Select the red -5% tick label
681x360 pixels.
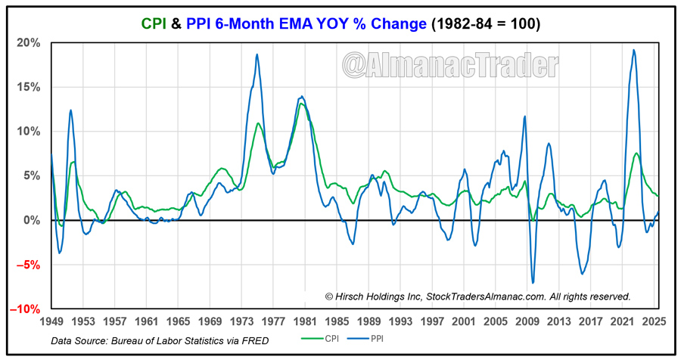pyautogui.click(x=30, y=265)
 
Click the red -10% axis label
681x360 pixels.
pyautogui.click(x=27, y=309)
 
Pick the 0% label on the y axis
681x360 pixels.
pyautogui.click(x=33, y=220)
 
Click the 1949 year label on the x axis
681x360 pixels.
pyautogui.click(x=51, y=321)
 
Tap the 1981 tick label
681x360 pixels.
pyautogui.click(x=305, y=321)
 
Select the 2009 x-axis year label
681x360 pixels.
pyautogui.click(x=526, y=321)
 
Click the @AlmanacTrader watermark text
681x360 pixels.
pyautogui.click(x=450, y=65)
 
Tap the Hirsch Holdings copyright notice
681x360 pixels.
pyautogui.click(x=477, y=297)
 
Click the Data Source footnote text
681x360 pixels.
pyautogui.click(x=160, y=341)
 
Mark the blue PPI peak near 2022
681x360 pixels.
pyautogui.click(x=633, y=51)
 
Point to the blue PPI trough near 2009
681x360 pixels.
pyautogui.click(x=533, y=283)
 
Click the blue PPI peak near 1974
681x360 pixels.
pyautogui.click(x=257, y=54)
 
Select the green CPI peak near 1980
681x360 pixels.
pyautogui.click(x=301, y=104)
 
